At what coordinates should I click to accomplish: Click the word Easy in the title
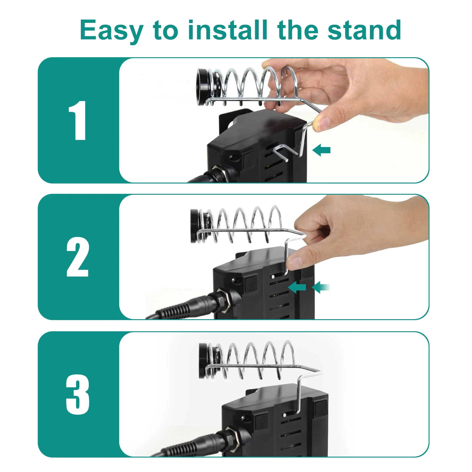point(112,31)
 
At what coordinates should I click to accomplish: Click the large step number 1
point(78,120)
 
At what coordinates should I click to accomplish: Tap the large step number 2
point(78,257)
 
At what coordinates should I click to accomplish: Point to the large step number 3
point(78,394)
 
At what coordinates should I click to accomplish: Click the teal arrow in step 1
point(321,150)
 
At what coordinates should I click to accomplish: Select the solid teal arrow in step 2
point(297,287)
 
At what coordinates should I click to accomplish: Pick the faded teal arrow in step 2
point(321,287)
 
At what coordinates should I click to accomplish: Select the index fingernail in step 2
point(294,261)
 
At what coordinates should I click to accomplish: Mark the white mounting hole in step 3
point(284,415)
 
